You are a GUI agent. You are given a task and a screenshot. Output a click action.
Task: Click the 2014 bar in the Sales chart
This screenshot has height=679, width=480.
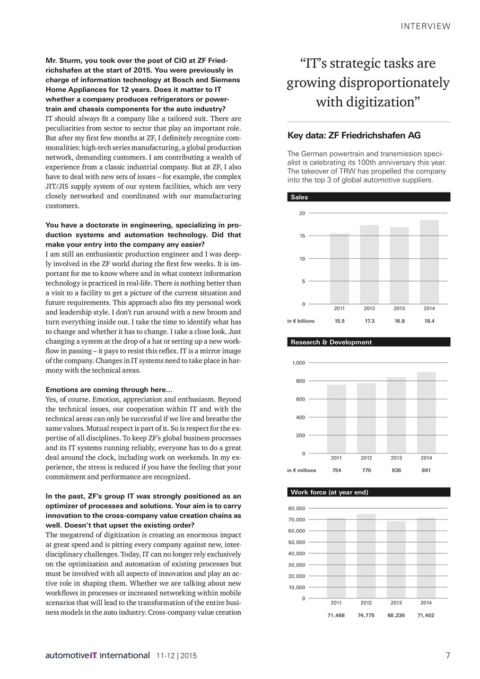pos(430,262)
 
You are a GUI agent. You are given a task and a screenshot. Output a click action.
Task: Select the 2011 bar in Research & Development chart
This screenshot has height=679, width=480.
pos(336,419)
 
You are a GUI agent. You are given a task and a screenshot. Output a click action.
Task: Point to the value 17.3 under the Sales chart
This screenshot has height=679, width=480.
pos(370,321)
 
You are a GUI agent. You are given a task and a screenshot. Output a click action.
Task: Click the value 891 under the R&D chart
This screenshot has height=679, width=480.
pos(426,470)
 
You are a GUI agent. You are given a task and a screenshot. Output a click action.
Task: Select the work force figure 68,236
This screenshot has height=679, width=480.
pos(396,615)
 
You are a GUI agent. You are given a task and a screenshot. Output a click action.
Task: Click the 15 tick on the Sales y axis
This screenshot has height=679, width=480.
pos(302,236)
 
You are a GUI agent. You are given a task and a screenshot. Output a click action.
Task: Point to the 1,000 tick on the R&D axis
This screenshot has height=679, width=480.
pos(299,363)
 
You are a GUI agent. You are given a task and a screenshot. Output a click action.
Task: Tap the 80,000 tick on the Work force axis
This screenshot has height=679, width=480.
pos(296,508)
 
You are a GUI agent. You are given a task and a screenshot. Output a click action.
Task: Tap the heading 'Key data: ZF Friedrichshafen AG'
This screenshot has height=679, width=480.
pos(354,135)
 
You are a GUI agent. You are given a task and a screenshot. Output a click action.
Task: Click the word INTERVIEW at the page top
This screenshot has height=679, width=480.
pos(425,26)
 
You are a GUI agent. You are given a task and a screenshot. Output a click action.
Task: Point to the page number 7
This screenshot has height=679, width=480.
pos(448,656)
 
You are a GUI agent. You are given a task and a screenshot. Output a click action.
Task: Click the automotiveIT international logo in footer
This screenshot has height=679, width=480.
pos(97,656)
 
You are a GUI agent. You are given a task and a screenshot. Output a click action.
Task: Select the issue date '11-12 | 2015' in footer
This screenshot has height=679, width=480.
pos(177,656)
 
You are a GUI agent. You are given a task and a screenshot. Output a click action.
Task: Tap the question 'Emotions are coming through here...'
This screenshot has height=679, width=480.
pos(109,390)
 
